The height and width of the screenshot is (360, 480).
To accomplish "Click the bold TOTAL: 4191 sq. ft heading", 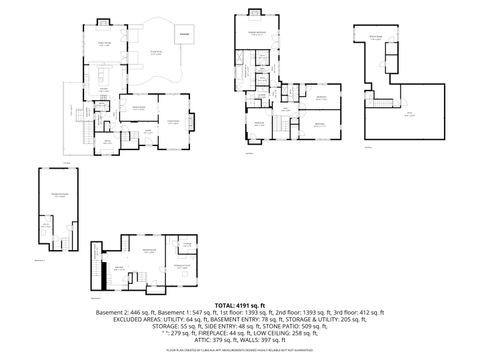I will pyautogui.click(x=240, y=304).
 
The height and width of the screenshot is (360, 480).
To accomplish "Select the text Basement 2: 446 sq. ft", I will pyautogui.click(x=121, y=312).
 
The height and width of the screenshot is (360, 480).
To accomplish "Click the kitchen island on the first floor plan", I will pyautogui.click(x=103, y=77).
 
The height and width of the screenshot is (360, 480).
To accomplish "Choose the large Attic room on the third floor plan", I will pyautogui.click(x=405, y=112).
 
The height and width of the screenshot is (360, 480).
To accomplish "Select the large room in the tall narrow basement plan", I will pyautogui.click(x=58, y=194).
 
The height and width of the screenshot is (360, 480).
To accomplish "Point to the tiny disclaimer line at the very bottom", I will pyautogui.click(x=240, y=351).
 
